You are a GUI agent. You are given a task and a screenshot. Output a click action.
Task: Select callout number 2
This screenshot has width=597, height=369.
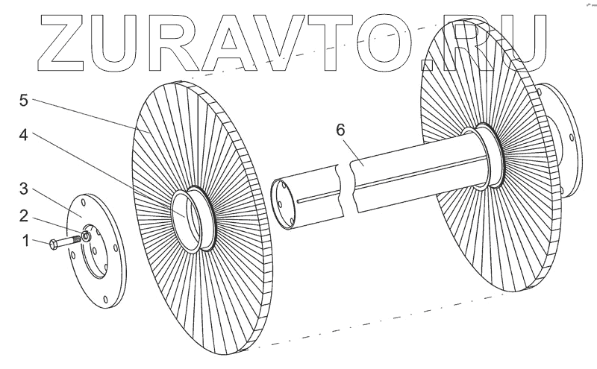(26, 216)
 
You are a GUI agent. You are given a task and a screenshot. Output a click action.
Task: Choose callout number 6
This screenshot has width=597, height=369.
(341, 130)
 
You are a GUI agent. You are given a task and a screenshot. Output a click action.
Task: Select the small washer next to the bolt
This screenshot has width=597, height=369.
(87, 236)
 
